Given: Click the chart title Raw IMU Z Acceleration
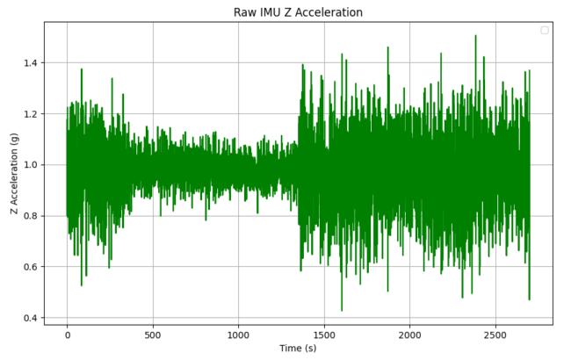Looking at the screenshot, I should (298, 12).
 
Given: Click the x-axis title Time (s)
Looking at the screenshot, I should (298, 349).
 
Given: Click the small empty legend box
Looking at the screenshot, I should (545, 31).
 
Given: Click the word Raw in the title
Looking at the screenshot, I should (245, 12).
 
